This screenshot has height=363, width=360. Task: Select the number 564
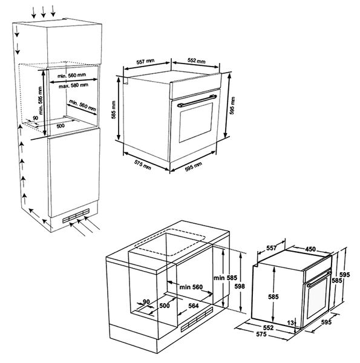(x=194, y=306)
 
